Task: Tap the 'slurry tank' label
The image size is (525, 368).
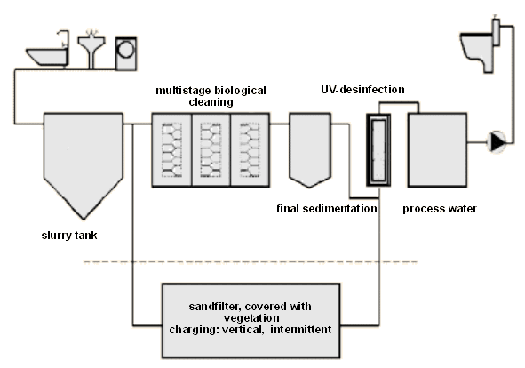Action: point(69,236)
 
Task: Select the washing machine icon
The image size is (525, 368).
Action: point(126,53)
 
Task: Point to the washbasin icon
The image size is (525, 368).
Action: point(91,49)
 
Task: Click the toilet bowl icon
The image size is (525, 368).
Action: point(476,52)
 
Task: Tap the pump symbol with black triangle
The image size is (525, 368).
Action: point(497,142)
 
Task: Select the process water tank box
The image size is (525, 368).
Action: point(437,150)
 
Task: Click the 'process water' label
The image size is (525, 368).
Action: point(440,209)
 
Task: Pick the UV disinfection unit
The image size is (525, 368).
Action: point(378,150)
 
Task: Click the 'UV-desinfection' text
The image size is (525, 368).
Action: point(362,90)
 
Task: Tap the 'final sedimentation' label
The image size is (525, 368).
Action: point(327,209)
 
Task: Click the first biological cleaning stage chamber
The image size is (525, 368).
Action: point(171,150)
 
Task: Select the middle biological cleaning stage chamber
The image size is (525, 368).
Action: point(211,150)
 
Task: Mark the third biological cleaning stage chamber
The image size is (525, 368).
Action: point(251,150)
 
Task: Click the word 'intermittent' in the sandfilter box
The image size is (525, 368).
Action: point(300,330)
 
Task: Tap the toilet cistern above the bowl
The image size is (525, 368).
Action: point(497,32)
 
